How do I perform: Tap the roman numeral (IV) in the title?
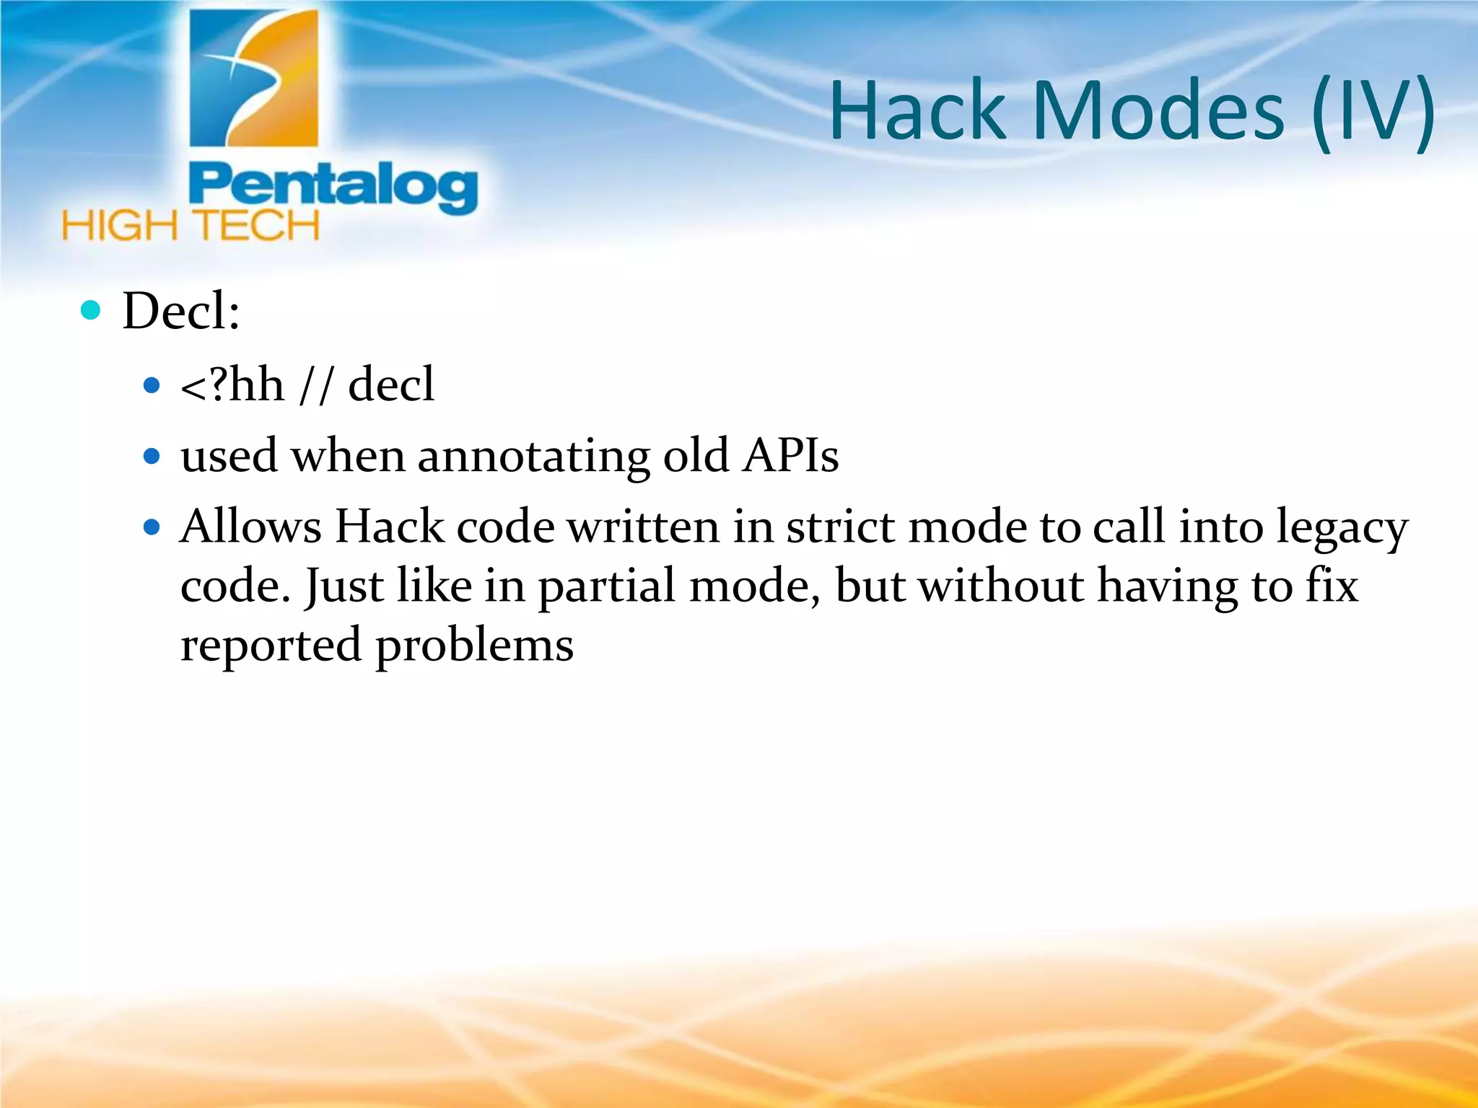pos(1373,112)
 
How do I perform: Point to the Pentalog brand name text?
pos(333,187)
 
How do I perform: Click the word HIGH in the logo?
pos(120,226)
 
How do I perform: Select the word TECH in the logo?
pos(257,226)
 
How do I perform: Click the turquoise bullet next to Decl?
pos(91,310)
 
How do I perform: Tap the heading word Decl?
pos(181,311)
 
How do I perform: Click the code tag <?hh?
pos(232,384)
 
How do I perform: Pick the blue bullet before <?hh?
pos(152,385)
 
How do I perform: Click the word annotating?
pos(533,457)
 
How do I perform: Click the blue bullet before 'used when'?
pos(152,456)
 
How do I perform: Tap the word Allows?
pos(250,526)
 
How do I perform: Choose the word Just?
pos(344,586)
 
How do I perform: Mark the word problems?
pos(474,646)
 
